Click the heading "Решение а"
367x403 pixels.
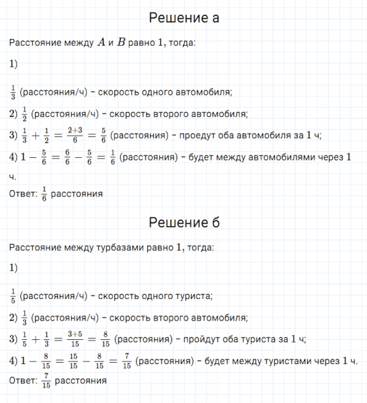pos(184,18)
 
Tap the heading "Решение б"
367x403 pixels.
pos(184,223)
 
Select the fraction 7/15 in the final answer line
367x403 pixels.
pos(45,382)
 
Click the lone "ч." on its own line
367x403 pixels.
pos(12,178)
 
